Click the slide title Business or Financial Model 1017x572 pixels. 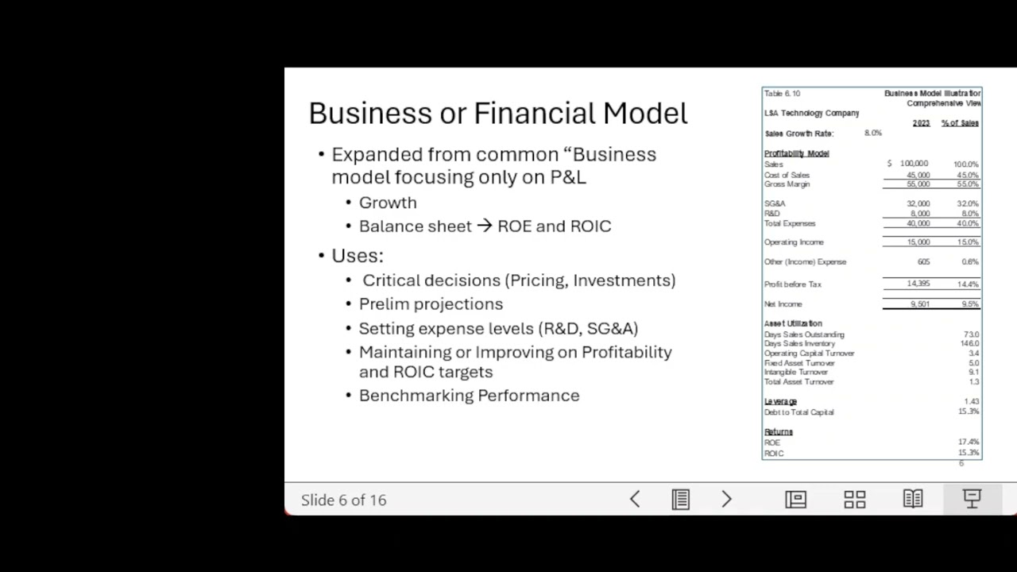(x=497, y=114)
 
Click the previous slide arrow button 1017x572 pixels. (x=635, y=499)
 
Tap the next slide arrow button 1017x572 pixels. (x=726, y=499)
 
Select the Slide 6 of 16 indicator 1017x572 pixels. (x=343, y=500)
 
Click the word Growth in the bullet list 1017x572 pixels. (x=388, y=203)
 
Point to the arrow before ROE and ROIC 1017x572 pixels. (x=485, y=226)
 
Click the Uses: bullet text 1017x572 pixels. (x=358, y=256)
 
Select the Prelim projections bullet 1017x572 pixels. (x=431, y=304)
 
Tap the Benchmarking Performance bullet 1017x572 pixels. (x=469, y=396)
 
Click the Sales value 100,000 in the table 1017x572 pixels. (x=914, y=164)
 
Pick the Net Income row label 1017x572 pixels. (x=783, y=304)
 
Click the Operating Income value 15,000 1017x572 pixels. (x=918, y=242)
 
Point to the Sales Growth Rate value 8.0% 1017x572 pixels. (x=872, y=133)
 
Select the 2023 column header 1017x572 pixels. (x=921, y=123)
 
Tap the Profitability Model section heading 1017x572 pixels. (x=796, y=153)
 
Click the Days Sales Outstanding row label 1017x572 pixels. (x=804, y=334)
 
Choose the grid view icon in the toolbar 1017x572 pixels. (x=855, y=499)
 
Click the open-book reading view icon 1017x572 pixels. (x=913, y=499)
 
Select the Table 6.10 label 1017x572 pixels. (x=782, y=94)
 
